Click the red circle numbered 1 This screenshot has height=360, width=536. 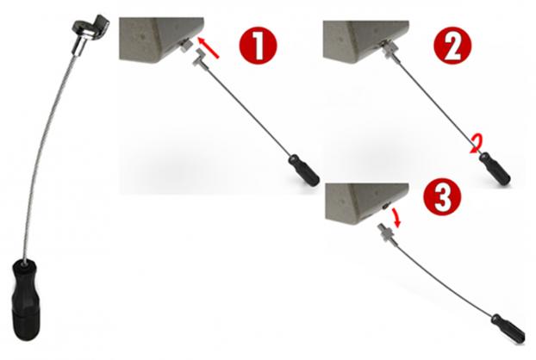(258, 46)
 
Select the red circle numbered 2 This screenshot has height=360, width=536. (452, 46)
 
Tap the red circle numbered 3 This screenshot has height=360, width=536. (442, 197)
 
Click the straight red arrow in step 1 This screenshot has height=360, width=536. (208, 48)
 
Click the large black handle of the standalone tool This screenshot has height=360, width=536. (25, 300)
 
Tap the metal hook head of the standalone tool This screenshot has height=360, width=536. (92, 27)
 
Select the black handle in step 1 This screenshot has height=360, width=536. (303, 170)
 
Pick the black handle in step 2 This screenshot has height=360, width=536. (495, 169)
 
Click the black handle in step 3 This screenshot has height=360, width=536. (508, 329)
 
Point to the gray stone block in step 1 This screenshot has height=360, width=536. (161, 40)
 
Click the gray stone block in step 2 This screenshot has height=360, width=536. (365, 41)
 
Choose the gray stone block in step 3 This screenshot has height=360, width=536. (366, 203)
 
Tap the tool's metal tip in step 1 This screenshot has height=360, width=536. (199, 57)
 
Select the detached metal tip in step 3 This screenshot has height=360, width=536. (386, 232)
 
